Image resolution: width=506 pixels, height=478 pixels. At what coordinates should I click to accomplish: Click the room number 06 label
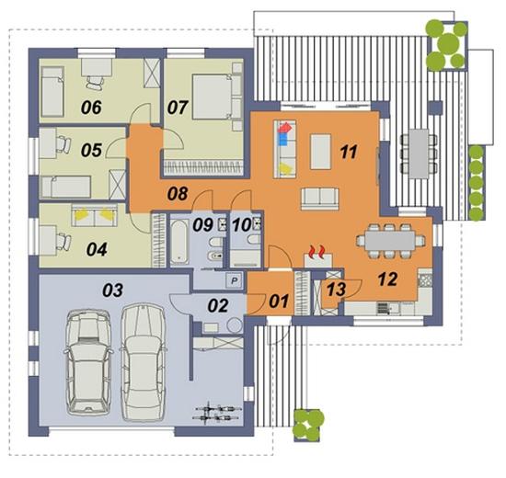click(x=91, y=107)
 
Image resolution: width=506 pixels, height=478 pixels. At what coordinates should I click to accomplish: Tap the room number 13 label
click(x=336, y=289)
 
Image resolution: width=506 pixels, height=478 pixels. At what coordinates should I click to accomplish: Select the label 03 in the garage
click(x=112, y=290)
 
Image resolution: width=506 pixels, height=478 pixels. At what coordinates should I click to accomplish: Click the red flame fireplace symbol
click(x=316, y=252)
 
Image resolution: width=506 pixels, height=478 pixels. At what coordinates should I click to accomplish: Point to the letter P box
click(x=235, y=280)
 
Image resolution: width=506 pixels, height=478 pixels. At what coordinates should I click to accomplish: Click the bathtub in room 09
click(x=179, y=242)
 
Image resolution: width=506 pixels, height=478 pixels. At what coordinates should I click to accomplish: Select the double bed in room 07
click(x=213, y=97)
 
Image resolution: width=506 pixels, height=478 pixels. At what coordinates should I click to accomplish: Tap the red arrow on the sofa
click(x=285, y=128)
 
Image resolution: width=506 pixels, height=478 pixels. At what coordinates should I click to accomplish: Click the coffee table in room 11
click(x=320, y=152)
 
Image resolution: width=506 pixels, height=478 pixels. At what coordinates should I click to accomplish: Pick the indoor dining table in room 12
click(x=390, y=241)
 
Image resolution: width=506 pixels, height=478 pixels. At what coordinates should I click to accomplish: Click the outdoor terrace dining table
click(x=420, y=154)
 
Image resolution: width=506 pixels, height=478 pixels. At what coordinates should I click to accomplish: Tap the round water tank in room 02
click(x=235, y=325)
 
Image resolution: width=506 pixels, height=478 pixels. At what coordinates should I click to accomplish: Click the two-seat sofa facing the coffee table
click(x=320, y=199)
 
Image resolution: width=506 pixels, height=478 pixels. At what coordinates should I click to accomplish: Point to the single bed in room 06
click(x=52, y=92)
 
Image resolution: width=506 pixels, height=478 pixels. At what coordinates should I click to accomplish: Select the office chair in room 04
click(x=63, y=242)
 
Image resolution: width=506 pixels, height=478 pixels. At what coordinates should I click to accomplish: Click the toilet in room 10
click(x=254, y=239)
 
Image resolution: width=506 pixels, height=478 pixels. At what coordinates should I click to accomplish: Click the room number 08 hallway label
click(x=178, y=194)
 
